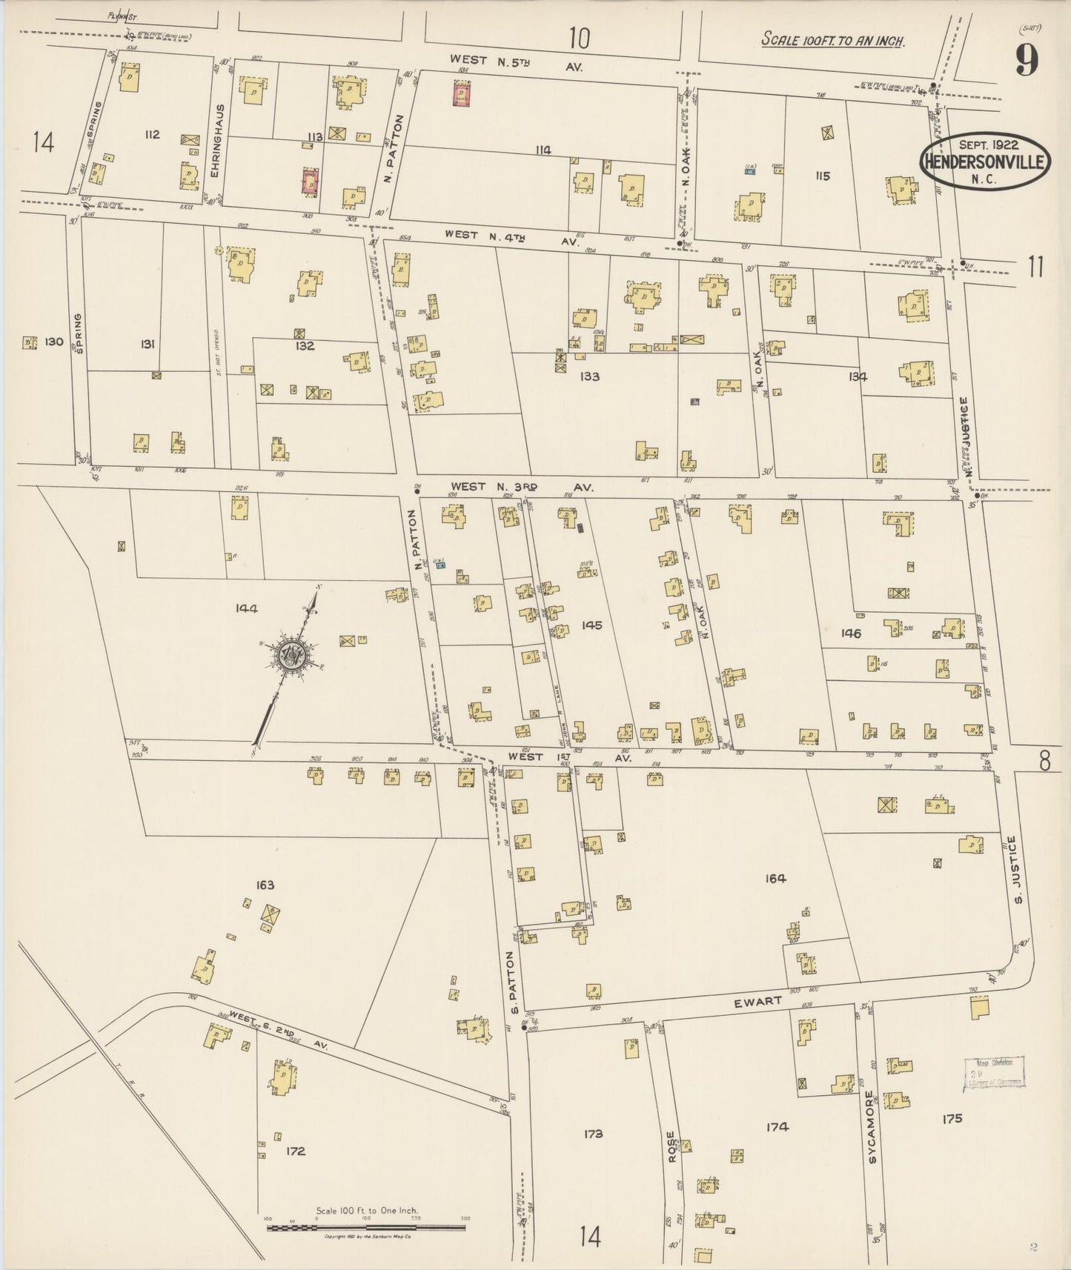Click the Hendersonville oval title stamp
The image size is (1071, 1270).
coord(985,162)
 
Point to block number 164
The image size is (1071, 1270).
coord(775,878)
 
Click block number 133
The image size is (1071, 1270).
coord(589,376)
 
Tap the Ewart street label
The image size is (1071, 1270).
coord(757,1001)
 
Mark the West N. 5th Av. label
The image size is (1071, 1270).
coord(516,63)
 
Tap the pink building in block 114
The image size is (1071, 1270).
coord(462,94)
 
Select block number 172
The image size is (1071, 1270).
coord(295,1151)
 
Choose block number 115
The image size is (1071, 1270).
coord(822,176)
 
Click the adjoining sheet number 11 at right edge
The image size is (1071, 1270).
coord(1035,266)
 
